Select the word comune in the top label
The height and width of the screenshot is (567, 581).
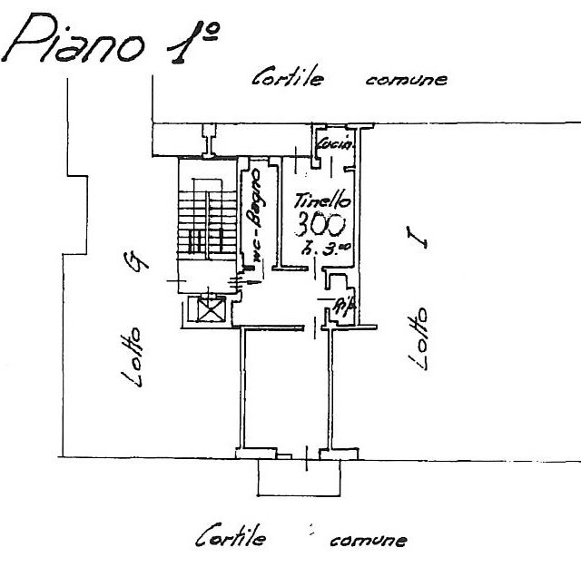[405, 80]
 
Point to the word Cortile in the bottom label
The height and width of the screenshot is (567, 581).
[231, 538]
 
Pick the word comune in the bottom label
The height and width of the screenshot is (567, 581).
[367, 541]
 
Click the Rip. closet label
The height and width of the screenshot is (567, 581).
[342, 304]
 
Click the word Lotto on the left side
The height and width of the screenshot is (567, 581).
[133, 357]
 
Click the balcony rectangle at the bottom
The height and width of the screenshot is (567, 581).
[299, 476]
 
